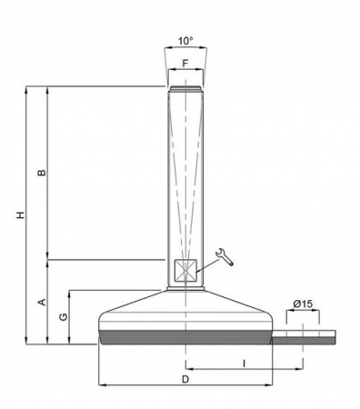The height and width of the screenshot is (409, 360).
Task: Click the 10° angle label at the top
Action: [185, 41]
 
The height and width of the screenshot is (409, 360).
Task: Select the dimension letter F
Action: [185, 65]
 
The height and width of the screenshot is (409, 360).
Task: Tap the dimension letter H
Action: [19, 214]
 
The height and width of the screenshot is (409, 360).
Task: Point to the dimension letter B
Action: [41, 173]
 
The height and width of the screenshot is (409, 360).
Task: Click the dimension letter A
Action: [41, 302]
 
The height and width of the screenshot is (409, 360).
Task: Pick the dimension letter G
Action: [62, 317]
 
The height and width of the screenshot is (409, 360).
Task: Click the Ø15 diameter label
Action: [303, 304]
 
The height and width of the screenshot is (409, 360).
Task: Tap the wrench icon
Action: [225, 258]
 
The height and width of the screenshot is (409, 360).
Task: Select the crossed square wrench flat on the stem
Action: [185, 272]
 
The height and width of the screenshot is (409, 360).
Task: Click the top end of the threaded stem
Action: [185, 88]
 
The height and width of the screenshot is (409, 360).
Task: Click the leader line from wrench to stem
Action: [207, 265]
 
